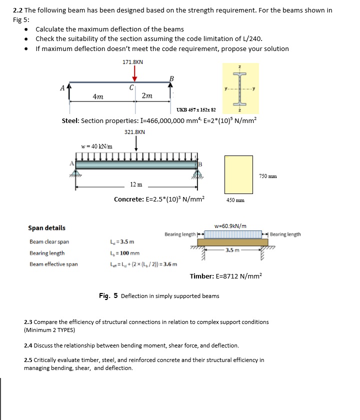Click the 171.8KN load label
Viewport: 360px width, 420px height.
[132, 62]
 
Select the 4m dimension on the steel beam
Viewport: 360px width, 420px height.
[97, 96]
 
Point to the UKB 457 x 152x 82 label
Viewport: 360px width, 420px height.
[196, 109]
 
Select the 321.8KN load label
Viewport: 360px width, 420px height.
[135, 132]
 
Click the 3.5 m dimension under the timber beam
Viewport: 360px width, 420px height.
[232, 249]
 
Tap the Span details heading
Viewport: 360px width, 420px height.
[46, 228]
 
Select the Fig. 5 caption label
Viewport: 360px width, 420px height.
[108, 295]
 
